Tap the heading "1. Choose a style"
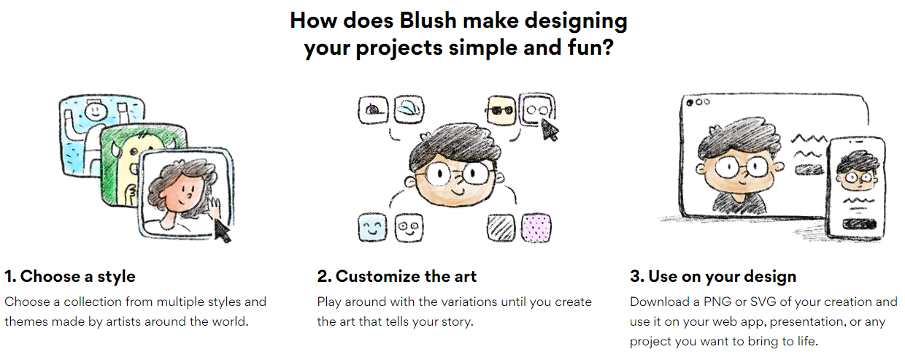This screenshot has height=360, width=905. click(x=70, y=276)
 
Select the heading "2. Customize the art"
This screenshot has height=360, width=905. click(x=397, y=276)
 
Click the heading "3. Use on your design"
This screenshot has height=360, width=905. click(x=713, y=276)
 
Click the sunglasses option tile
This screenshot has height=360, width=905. click(x=501, y=110)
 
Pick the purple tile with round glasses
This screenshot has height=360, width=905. click(x=537, y=109)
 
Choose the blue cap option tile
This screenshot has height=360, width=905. click(x=409, y=109)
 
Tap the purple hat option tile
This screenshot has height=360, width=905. click(x=373, y=109)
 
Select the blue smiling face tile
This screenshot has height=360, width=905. click(x=372, y=228)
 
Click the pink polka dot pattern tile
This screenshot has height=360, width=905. click(x=536, y=228)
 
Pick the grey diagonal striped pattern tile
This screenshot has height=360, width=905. click(x=501, y=228)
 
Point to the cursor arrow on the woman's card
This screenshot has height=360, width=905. click(x=222, y=230)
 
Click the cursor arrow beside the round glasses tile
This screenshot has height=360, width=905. click(x=550, y=130)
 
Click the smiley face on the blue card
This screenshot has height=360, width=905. click(x=96, y=110)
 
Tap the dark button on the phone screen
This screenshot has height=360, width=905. click(x=859, y=223)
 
